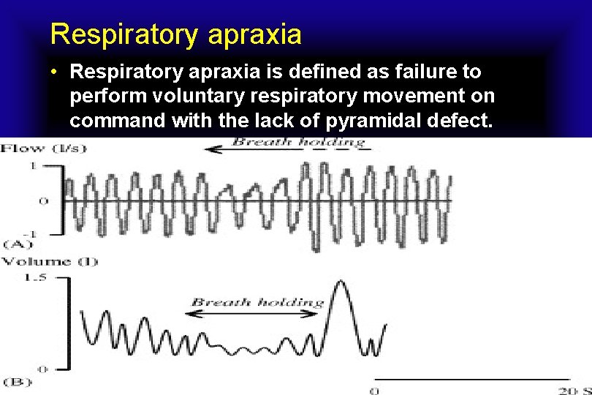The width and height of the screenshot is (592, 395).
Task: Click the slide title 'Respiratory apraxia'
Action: [x=175, y=34]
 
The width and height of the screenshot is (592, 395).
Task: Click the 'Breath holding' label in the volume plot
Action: [x=257, y=301]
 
